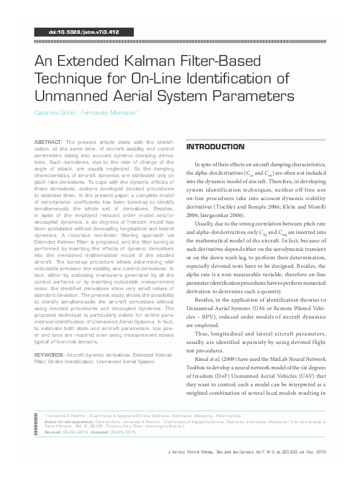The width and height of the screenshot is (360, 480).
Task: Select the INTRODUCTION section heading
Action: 206,147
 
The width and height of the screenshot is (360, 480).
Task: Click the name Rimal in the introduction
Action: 203,357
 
